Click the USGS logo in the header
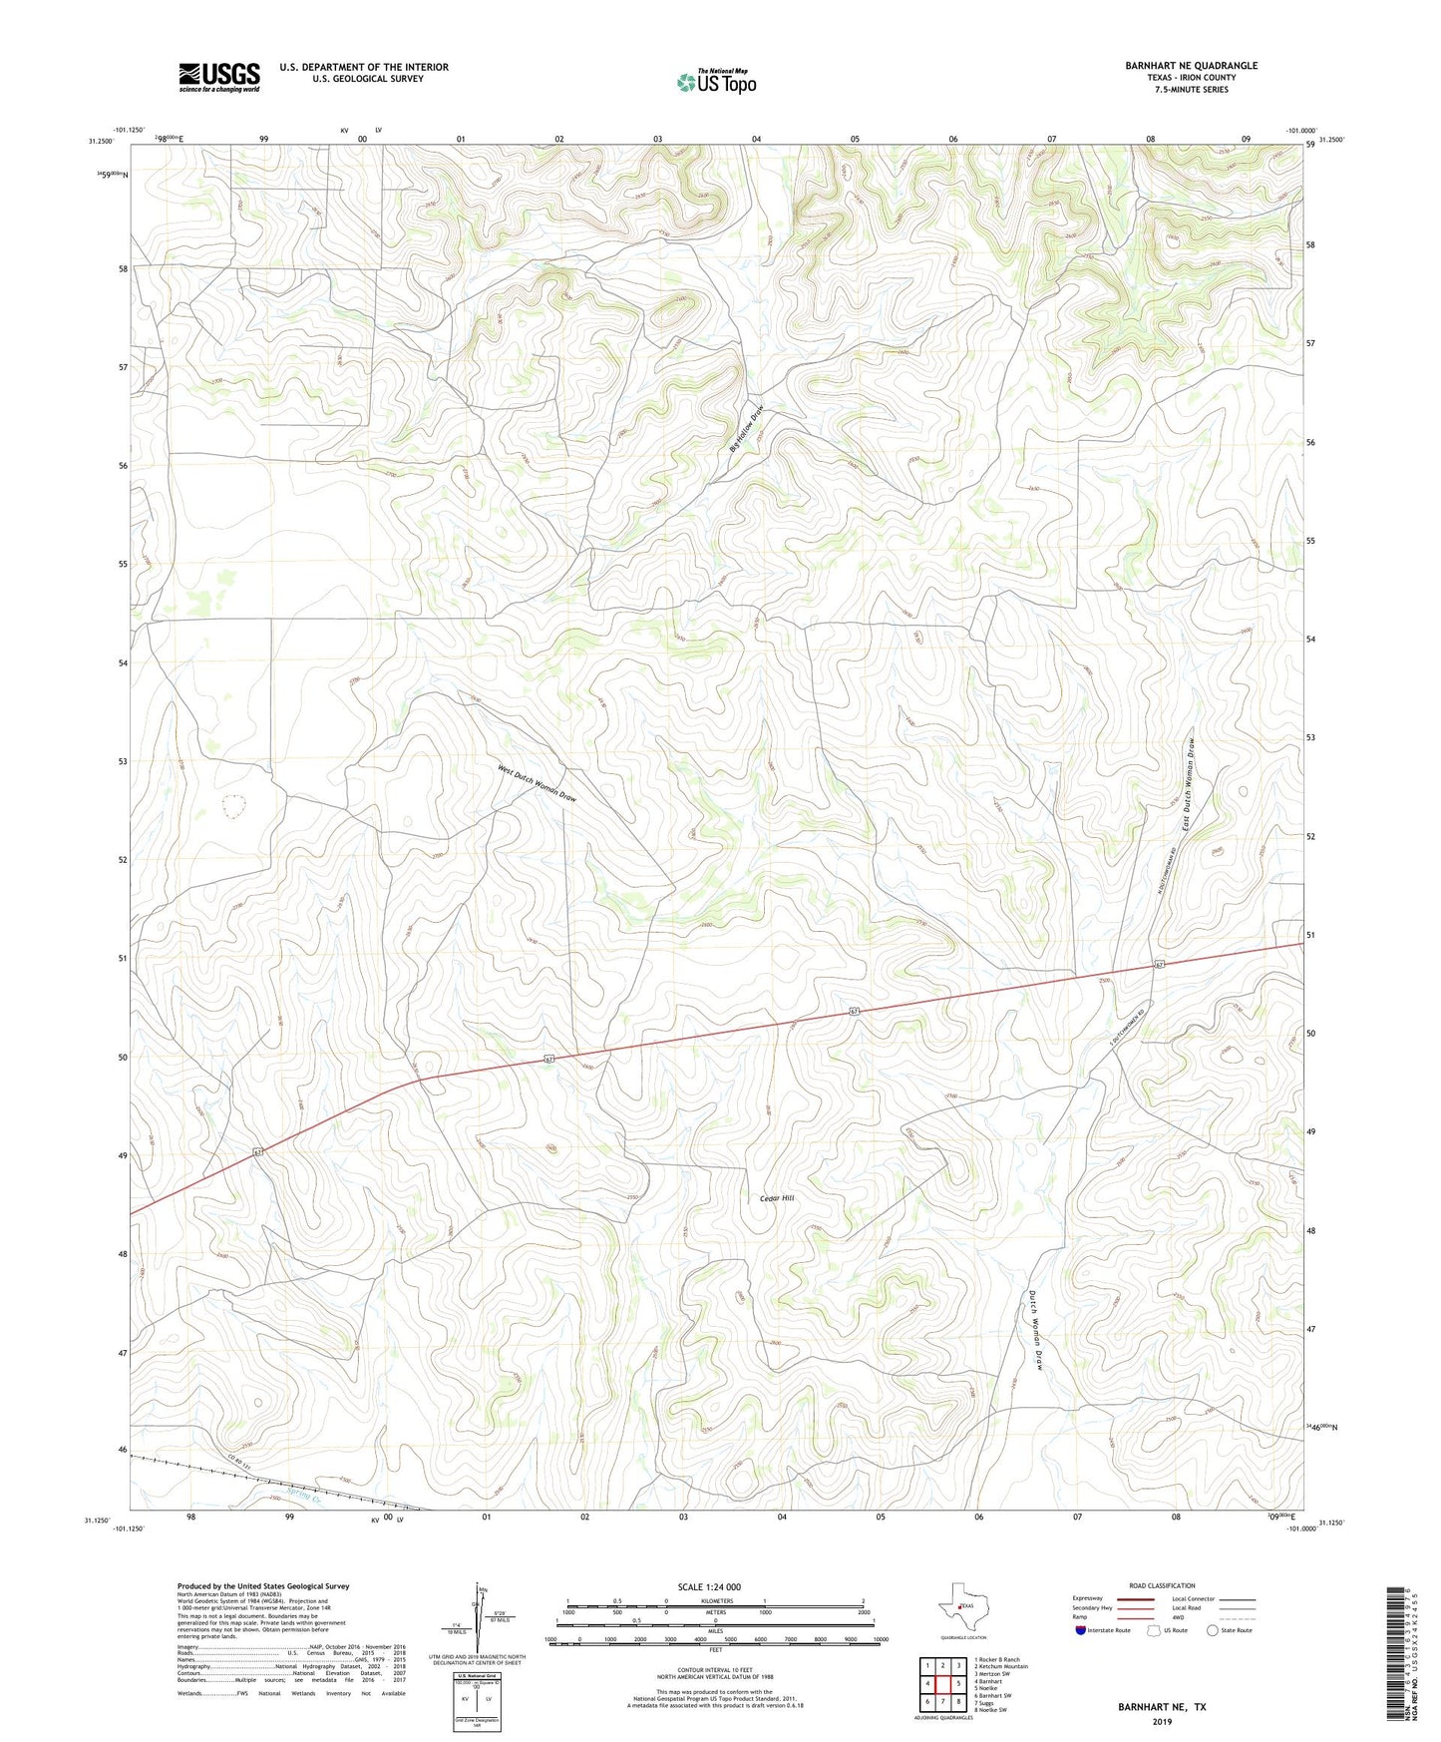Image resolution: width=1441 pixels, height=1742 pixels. click(219, 77)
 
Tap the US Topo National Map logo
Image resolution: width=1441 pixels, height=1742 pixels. click(716, 81)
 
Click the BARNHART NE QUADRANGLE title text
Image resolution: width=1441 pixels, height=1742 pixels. click(1191, 66)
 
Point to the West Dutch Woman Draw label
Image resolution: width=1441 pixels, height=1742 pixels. click(537, 783)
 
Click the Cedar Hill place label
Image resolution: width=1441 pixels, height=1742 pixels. click(777, 1197)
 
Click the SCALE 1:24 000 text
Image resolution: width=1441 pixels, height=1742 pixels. click(709, 1586)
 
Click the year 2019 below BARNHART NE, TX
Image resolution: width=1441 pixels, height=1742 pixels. click(1162, 1721)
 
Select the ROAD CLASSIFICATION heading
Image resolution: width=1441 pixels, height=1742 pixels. click(1162, 1585)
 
